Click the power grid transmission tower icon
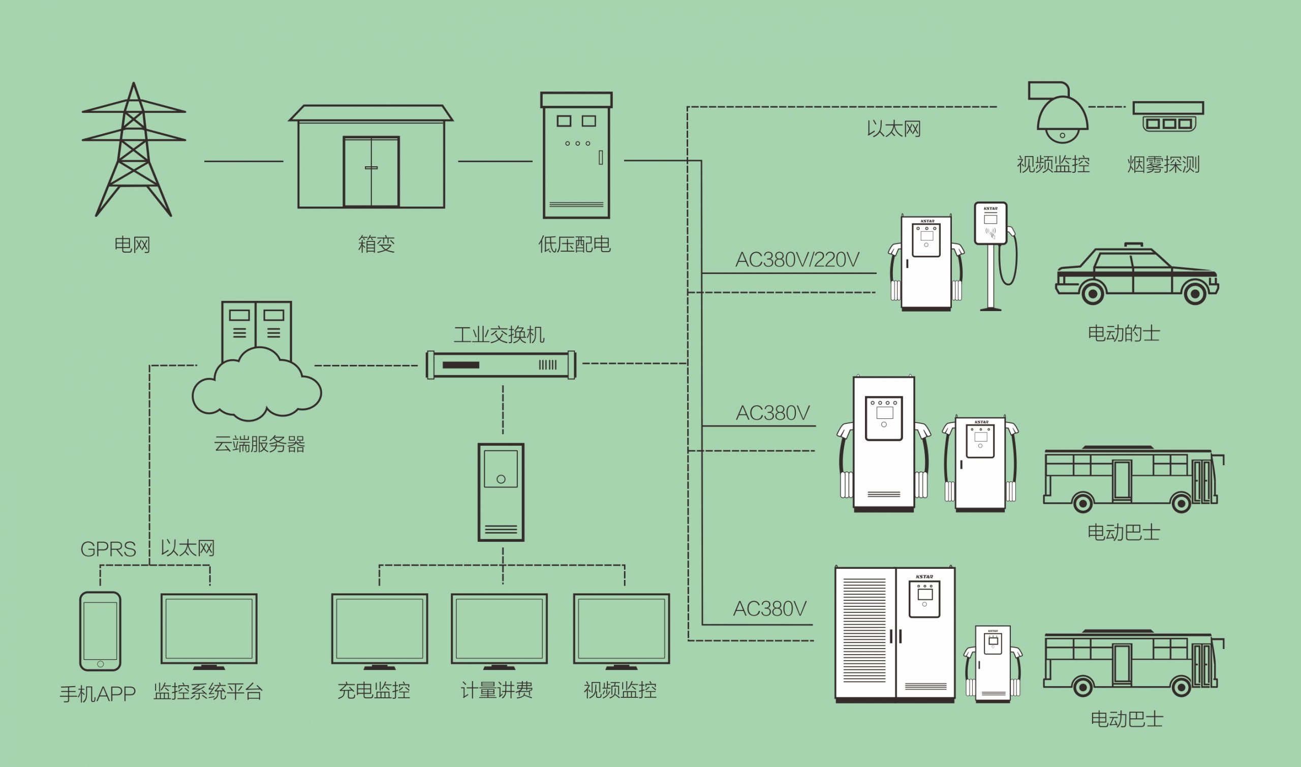click(x=133, y=150)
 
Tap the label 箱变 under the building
click(x=376, y=244)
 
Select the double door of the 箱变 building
click(x=371, y=172)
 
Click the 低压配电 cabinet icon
click(x=576, y=155)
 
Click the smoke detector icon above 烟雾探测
click(x=1168, y=116)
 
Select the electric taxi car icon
click(x=1137, y=277)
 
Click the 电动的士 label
click(x=1124, y=333)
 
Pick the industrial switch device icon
click(x=500, y=365)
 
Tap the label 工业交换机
click(x=499, y=335)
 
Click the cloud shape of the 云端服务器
click(x=256, y=388)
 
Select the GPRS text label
click(x=108, y=549)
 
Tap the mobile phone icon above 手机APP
click(x=100, y=631)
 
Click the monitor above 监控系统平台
click(x=209, y=630)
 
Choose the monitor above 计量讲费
click(x=499, y=630)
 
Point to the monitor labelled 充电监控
click(x=379, y=630)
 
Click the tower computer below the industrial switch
click(x=501, y=492)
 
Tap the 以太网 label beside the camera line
click(x=893, y=129)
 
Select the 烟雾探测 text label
click(x=1163, y=164)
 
